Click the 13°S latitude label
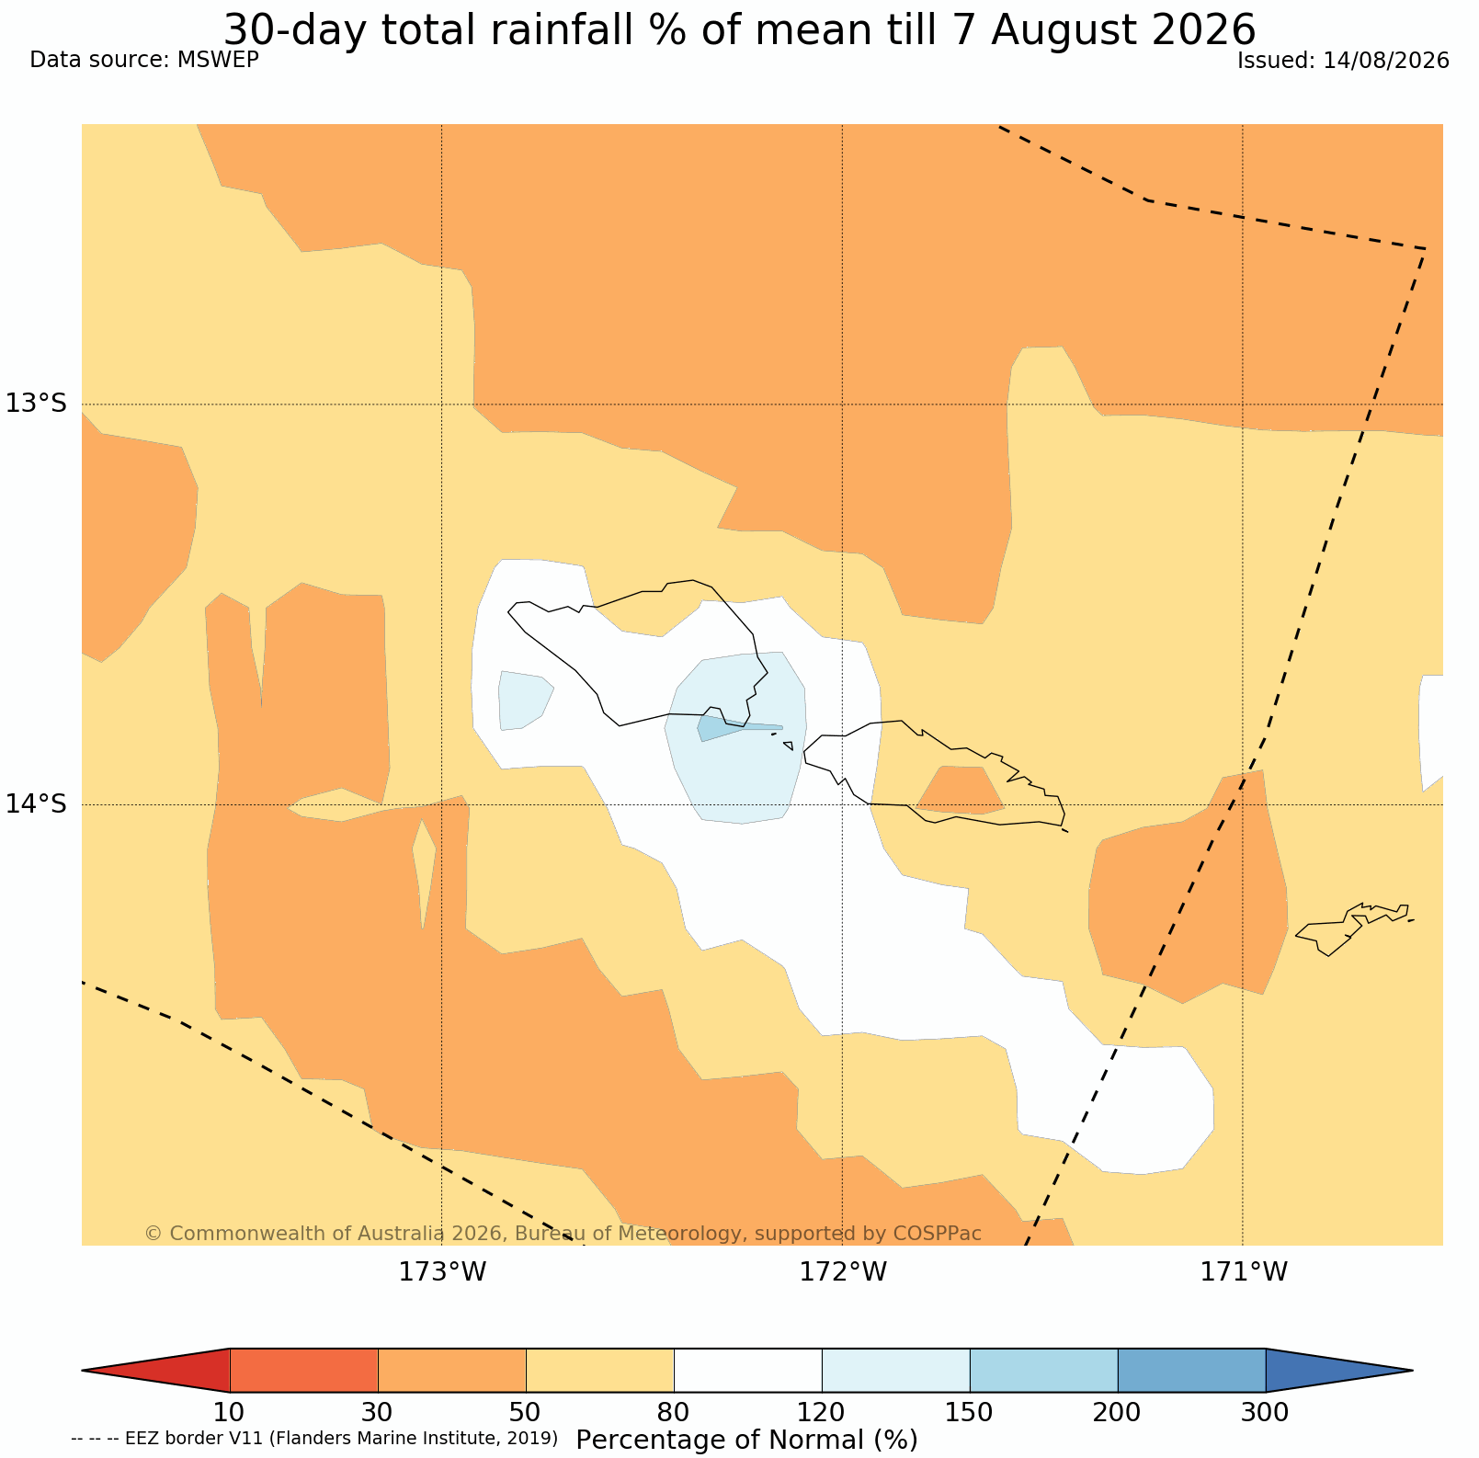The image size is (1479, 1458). point(37,404)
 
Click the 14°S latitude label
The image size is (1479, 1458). point(37,804)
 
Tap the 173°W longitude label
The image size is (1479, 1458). point(442,1272)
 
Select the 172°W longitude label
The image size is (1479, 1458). point(843,1272)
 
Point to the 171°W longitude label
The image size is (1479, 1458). point(1244,1272)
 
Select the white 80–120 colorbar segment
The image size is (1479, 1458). point(748,1371)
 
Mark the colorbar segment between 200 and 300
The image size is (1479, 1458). point(1191,1371)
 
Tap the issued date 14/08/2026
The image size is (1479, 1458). point(1386,61)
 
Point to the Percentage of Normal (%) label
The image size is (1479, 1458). point(746,1440)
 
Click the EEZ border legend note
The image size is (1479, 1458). point(314,1438)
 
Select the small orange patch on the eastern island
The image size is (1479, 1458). point(961,790)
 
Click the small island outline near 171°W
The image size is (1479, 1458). point(1352,928)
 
